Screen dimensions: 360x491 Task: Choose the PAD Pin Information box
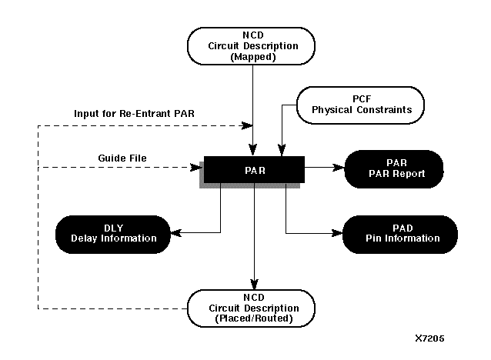coord(399,232)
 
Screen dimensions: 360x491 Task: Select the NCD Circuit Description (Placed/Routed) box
coord(254,308)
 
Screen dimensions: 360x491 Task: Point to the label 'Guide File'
coord(122,158)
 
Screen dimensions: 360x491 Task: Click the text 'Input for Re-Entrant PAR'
coord(135,115)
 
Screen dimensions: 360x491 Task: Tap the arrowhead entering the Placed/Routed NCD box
coord(253,285)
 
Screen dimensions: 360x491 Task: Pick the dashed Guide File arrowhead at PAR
coord(196,166)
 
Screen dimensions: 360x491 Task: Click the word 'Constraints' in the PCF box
coord(382,109)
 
